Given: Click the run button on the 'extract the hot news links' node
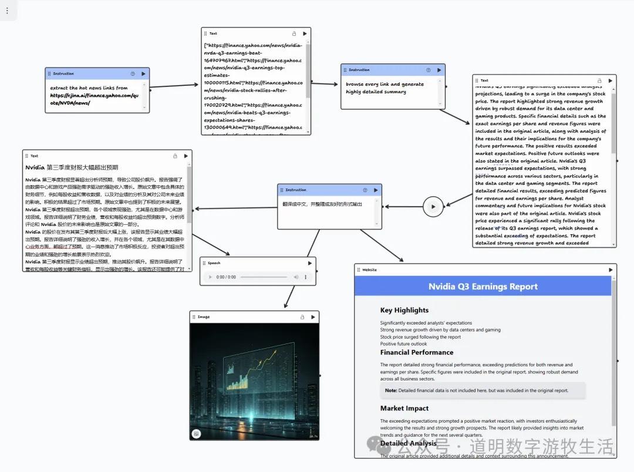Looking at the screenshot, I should [144, 74].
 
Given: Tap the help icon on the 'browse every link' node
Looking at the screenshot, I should [428, 70].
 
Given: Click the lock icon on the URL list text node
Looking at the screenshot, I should [294, 33].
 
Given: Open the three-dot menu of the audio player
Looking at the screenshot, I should [305, 277].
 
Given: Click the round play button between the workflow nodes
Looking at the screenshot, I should [433, 207].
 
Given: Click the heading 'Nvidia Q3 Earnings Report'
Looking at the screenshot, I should [483, 286].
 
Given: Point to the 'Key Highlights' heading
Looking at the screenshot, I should [404, 310].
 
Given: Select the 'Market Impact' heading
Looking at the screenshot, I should [404, 408].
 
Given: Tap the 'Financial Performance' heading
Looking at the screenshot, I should [417, 352].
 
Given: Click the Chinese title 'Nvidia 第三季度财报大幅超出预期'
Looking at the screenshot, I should [72, 167].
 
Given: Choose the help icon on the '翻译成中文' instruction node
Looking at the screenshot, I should [365, 190].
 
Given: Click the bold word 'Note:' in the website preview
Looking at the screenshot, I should [391, 390].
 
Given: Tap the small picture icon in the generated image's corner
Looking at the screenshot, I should [196, 433].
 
